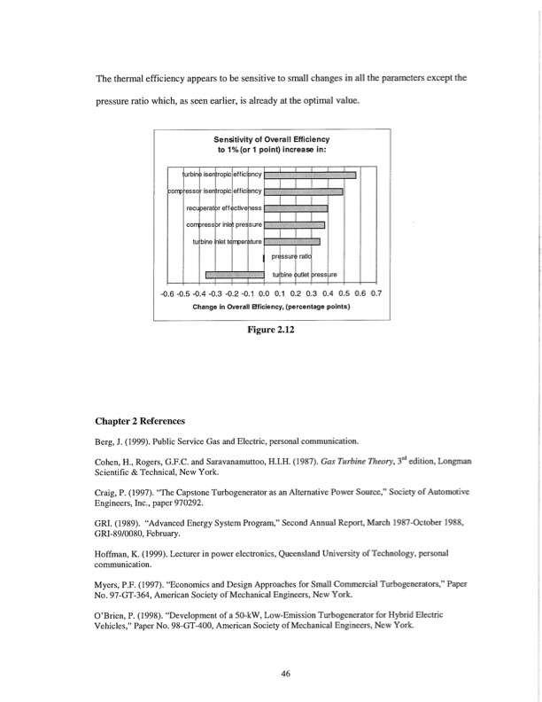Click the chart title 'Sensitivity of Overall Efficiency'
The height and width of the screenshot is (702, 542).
271,140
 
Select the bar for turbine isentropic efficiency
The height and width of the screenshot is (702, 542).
310,175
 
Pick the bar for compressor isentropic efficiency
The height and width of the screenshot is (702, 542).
303,192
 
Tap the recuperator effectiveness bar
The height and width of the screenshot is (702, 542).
296,208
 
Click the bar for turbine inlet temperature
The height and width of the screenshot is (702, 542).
291,241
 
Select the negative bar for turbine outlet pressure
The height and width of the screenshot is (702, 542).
235,274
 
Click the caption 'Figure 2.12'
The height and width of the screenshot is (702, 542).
271,331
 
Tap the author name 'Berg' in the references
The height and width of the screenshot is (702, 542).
107,440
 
